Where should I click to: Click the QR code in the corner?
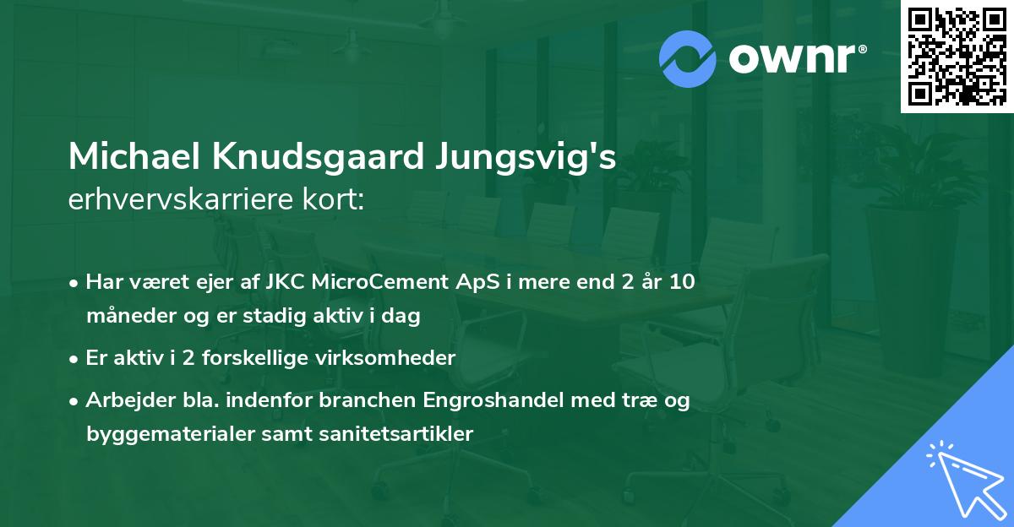pyautogui.click(x=957, y=56)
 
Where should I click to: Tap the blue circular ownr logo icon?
pyautogui.click(x=688, y=58)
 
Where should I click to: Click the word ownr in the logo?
pyautogui.click(x=792, y=58)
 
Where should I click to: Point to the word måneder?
pyautogui.click(x=123, y=317)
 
